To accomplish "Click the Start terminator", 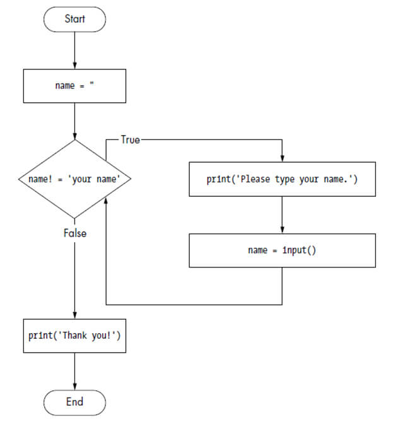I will click(74, 19).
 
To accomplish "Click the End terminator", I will click(74, 402).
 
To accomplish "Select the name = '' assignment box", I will click(74, 86).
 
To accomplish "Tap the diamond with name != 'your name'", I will click(74, 179).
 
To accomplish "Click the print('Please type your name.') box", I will click(282, 179).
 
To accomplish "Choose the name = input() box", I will click(282, 250).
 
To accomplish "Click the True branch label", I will click(130, 140).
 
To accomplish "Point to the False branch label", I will click(74, 233).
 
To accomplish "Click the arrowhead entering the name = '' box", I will click(74, 66).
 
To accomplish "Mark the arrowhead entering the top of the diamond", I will click(74, 136).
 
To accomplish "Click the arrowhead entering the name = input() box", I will click(282, 230).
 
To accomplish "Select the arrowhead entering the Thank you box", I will click(74, 316).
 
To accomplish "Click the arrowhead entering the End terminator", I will click(74, 386).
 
